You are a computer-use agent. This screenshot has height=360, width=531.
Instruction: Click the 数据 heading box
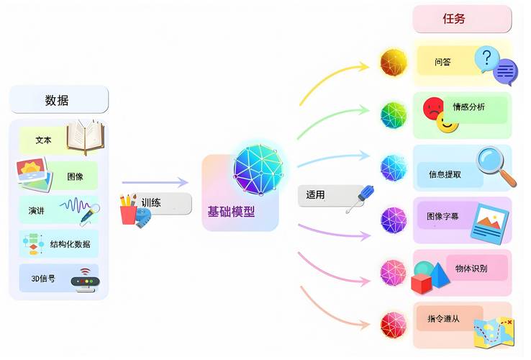[x=59, y=99]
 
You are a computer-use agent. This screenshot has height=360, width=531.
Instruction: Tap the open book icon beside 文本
[x=86, y=137]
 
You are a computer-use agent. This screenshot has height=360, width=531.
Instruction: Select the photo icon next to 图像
[x=35, y=175]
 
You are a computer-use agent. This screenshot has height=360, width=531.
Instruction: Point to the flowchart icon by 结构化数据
[x=33, y=244]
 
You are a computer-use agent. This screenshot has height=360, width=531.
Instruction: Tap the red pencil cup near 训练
[x=128, y=215]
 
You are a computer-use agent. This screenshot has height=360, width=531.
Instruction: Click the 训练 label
[x=151, y=203]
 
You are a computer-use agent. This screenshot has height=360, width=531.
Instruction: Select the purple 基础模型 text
[x=231, y=212]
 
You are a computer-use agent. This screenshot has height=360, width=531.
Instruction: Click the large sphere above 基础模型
[x=258, y=169]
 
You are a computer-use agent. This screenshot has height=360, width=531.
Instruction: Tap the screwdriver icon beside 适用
[x=360, y=199]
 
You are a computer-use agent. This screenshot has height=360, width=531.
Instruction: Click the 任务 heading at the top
[x=462, y=19]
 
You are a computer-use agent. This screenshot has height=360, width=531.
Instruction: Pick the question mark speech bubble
[x=486, y=59]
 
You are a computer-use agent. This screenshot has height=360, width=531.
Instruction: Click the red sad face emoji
[x=433, y=109]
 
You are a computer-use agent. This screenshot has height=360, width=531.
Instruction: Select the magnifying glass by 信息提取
[x=496, y=166]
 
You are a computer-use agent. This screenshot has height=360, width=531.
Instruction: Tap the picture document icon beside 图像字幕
[x=490, y=224]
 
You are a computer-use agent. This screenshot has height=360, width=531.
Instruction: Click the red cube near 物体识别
[x=422, y=284]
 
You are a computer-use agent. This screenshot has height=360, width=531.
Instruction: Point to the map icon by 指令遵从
[x=494, y=333]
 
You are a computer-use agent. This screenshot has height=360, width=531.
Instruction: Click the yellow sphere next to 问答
[x=394, y=63]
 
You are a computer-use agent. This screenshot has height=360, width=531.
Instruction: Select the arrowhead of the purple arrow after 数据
[x=183, y=182]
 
